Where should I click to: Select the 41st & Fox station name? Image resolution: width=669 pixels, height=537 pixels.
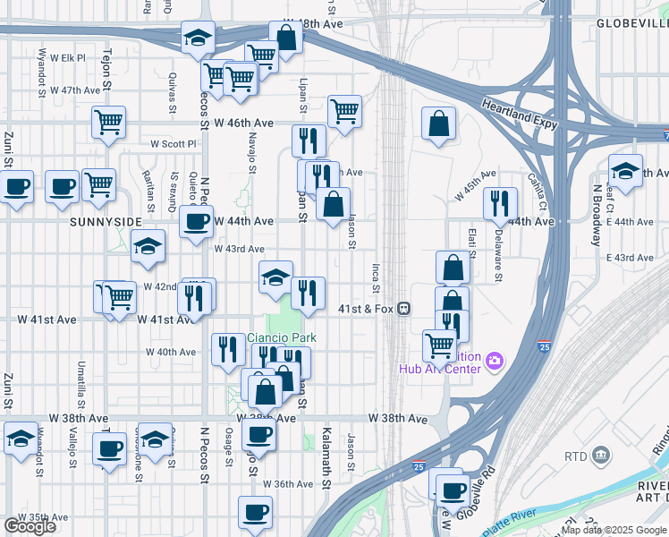click(x=367, y=309)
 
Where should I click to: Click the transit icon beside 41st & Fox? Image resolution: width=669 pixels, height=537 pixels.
click(x=404, y=309)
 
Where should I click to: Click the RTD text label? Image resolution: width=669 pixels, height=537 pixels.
click(x=575, y=456)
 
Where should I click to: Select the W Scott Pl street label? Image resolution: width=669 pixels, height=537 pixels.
click(x=173, y=143)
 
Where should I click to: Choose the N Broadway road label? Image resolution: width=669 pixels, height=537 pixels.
click(x=596, y=216)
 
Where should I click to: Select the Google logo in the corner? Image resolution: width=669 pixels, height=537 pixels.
click(x=30, y=526)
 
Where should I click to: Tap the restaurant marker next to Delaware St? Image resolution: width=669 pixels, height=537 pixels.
click(x=500, y=203)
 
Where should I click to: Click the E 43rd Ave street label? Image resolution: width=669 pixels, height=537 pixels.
click(x=631, y=258)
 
